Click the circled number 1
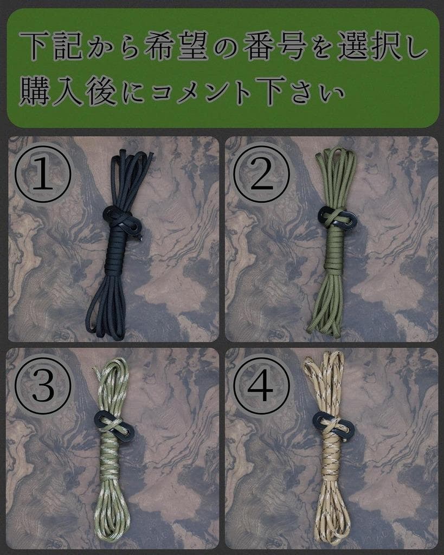43,174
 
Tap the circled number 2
262,174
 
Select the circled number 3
43,385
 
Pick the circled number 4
262,385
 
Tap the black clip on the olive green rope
337,217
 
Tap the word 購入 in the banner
52,91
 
